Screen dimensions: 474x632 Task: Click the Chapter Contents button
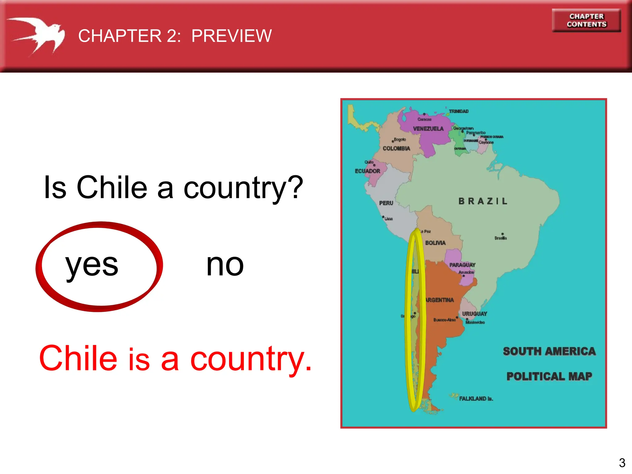(586, 20)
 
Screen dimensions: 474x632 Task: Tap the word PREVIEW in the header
(231, 36)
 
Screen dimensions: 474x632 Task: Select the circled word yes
(92, 265)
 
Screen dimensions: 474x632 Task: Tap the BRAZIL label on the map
(483, 201)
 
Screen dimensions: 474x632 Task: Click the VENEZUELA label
(428, 129)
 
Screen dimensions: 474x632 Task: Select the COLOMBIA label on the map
(396, 148)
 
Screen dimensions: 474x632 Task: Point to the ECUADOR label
(367, 171)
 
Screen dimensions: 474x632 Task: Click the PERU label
(386, 203)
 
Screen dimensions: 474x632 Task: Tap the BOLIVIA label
(435, 243)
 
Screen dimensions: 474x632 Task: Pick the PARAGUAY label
(462, 265)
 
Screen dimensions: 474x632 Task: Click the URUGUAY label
(474, 314)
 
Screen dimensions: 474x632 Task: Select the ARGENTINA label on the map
(440, 300)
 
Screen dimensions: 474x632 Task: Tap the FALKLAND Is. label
(476, 398)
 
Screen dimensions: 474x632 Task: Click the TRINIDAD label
(459, 111)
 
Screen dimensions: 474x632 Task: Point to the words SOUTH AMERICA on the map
(549, 351)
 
